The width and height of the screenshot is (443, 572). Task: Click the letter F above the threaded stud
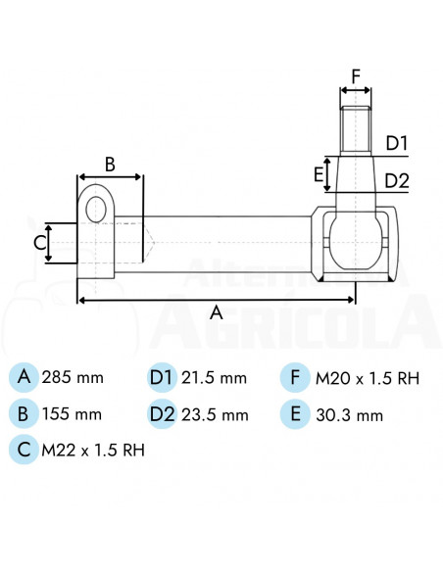click(x=356, y=76)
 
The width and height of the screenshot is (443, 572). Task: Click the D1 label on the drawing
click(x=397, y=143)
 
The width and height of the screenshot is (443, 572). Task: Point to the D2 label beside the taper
click(x=397, y=181)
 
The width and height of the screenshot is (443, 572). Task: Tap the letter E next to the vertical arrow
click(x=319, y=174)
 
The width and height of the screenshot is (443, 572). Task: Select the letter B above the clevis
click(x=110, y=165)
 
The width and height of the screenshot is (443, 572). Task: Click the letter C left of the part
click(x=40, y=243)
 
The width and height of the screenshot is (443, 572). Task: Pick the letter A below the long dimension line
click(x=217, y=313)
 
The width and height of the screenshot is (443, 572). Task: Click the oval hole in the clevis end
click(x=96, y=210)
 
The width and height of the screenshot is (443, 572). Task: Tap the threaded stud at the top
click(x=356, y=129)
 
